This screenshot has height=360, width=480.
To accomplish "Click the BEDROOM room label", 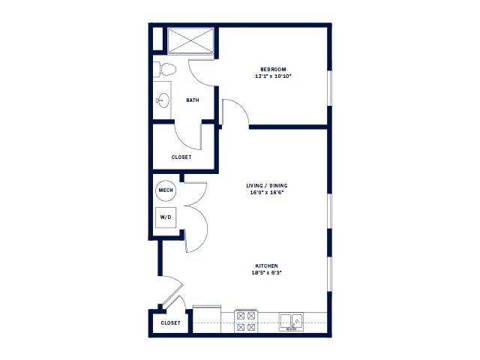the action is (273, 70).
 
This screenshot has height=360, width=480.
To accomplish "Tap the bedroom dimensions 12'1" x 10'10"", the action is (273, 76).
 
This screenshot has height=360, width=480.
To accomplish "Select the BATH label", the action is (193, 100).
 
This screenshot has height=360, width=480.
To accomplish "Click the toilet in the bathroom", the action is (164, 70).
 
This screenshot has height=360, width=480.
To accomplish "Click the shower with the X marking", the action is (190, 40).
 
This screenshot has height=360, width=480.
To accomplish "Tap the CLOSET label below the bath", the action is (181, 157).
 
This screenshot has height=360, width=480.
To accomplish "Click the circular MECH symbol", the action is (166, 190).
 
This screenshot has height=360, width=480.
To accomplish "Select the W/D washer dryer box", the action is (166, 217).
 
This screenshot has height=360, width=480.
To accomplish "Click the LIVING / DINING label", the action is (267, 185).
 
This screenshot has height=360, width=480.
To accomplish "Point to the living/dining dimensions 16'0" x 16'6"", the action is (267, 193).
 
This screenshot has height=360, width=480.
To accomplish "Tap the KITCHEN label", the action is (267, 265).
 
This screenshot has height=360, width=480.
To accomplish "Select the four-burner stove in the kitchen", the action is (246, 321).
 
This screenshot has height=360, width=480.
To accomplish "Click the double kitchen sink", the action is (291, 322).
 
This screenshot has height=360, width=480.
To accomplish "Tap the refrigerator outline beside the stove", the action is (207, 319).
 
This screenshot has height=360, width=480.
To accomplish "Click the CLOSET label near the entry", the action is (170, 323).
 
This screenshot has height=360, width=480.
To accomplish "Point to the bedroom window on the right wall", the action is (329, 88).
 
